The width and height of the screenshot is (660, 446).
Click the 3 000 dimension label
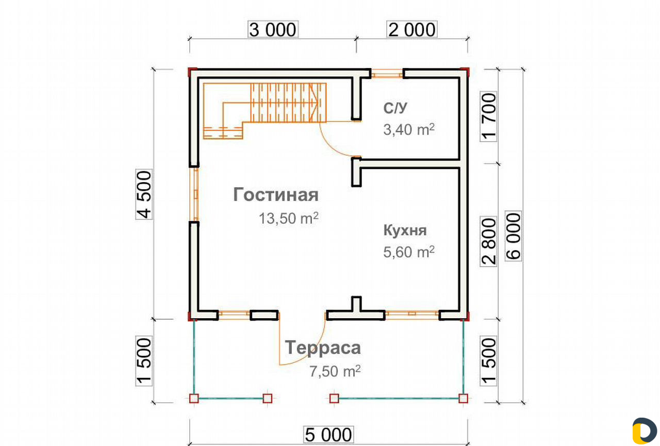point(273,29)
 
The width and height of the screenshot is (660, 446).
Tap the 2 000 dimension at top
point(412,29)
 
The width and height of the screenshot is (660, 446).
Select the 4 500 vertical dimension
point(144,194)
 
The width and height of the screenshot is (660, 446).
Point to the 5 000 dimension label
point(328,435)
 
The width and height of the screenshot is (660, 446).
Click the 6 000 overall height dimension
point(513,236)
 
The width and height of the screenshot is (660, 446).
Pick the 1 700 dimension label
point(488,117)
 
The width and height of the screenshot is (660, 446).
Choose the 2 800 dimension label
point(488,241)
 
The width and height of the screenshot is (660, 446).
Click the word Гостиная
point(276,195)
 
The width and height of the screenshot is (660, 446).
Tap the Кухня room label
point(405,230)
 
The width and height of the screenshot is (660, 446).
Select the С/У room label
point(395,108)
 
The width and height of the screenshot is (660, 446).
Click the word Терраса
point(323,348)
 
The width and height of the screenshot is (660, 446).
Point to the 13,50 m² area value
point(289,218)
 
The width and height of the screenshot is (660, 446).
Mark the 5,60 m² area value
point(409,252)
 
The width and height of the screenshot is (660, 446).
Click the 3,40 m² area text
point(409,129)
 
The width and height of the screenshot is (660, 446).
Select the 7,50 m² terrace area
point(335,371)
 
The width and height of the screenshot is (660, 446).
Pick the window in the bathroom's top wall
point(387,73)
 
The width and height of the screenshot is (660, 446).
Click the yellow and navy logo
point(645,431)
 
